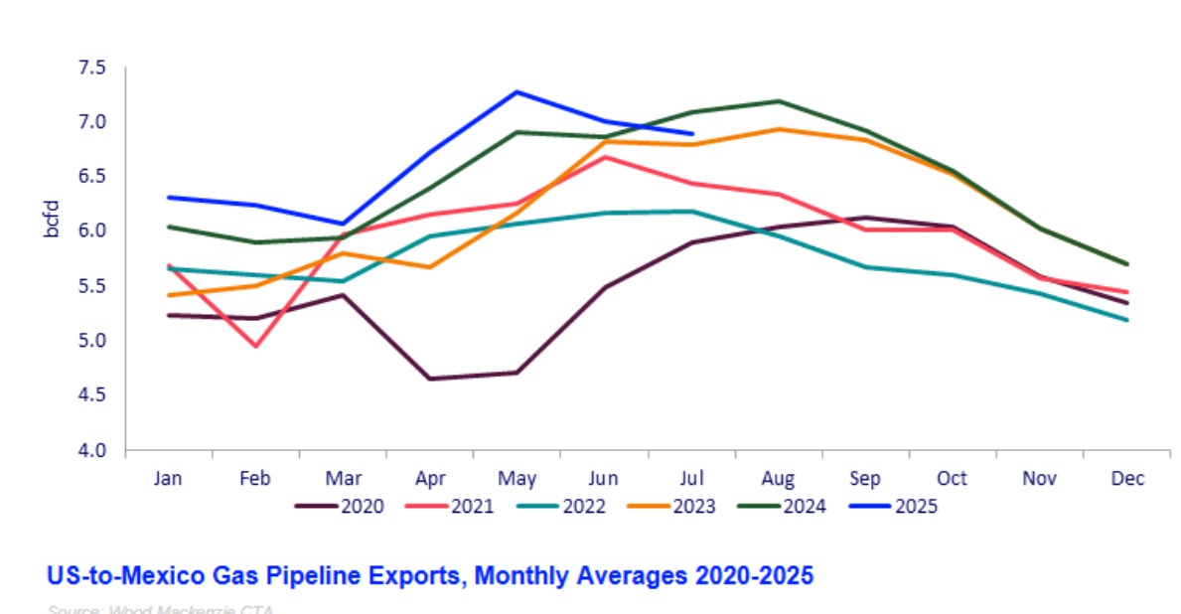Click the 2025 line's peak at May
pos(517,92)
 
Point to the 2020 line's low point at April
pos(429,379)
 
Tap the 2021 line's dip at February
pos(255,346)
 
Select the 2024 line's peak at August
pos(778,100)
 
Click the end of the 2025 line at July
pos(691,133)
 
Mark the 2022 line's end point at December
pos(1126,320)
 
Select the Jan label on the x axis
pos(168,478)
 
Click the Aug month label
pos(778,478)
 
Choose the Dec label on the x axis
pos(1126,478)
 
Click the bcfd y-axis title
pos(52,219)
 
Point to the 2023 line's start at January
pos(169,295)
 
